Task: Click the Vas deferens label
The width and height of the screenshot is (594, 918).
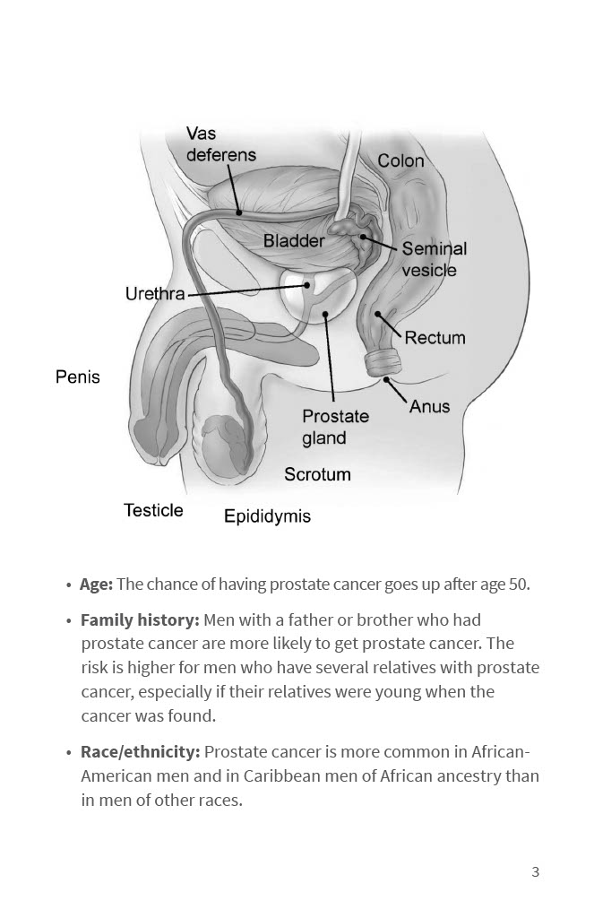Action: (220, 144)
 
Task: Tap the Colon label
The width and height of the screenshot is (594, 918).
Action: (400, 161)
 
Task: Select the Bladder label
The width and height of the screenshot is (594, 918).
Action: (294, 241)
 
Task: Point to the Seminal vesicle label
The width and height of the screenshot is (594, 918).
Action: (434, 259)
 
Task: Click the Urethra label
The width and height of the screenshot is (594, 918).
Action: (155, 294)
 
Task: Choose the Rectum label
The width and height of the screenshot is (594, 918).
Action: (435, 338)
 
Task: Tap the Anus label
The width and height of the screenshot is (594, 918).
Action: (429, 406)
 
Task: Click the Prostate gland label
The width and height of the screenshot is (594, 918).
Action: (335, 428)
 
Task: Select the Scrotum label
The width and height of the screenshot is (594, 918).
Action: (317, 474)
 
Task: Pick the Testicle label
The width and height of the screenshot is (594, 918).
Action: (153, 510)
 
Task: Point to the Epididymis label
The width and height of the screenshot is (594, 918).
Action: (267, 516)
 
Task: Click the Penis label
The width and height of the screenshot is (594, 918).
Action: (78, 377)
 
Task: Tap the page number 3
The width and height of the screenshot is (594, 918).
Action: (536, 872)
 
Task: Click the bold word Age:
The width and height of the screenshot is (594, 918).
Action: (96, 585)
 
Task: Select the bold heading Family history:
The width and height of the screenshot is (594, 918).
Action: (140, 619)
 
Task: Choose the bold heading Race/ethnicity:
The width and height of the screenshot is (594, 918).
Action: (140, 752)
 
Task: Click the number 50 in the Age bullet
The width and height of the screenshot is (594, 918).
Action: (519, 585)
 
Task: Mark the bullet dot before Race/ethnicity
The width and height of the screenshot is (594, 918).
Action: (69, 753)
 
